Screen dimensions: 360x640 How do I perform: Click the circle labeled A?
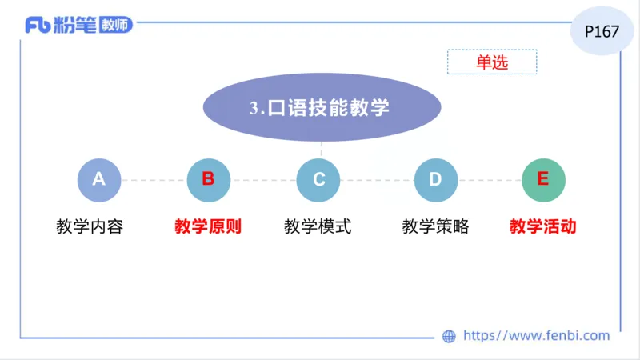pos(98,180)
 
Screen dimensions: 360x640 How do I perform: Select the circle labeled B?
pos(208,180)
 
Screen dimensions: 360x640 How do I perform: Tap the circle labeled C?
pos(318,180)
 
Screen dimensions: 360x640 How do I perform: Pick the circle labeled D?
pos(435,180)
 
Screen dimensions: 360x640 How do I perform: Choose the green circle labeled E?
pos(543,180)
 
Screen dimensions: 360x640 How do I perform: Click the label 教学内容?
pos(90,226)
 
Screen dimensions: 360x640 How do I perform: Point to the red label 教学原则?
pos(208,226)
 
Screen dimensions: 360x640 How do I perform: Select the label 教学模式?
pos(318,226)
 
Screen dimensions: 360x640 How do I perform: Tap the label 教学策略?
pos(435,226)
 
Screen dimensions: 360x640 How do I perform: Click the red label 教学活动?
pos(543,226)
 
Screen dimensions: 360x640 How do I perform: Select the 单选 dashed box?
pos(492,62)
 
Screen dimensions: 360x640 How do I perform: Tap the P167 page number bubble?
pos(602,32)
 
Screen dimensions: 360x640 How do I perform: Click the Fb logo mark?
pos(38,25)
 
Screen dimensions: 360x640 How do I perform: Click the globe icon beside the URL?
pos(450,336)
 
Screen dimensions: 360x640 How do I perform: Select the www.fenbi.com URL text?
pos(537,336)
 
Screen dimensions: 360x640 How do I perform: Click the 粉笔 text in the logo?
pos(75,25)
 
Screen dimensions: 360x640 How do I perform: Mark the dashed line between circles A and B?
pos(154,180)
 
